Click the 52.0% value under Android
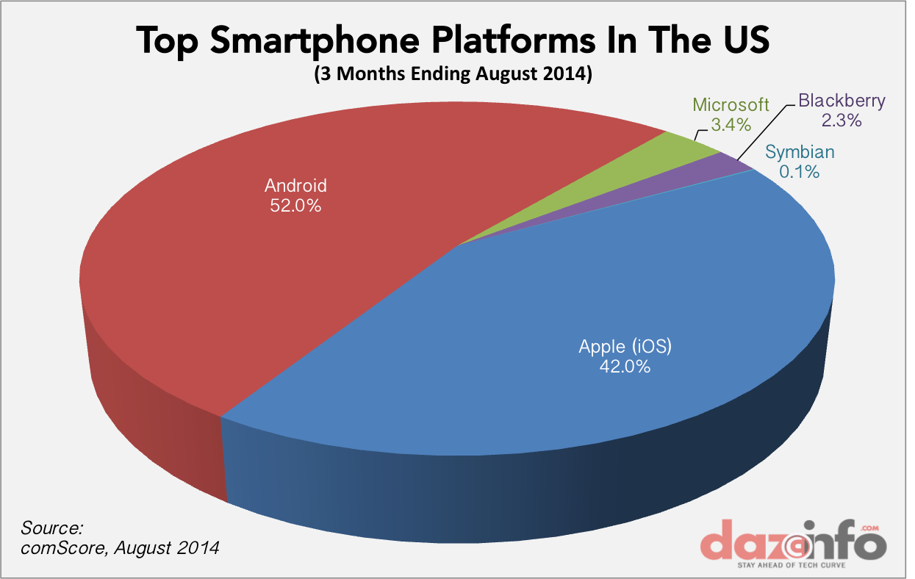click(x=295, y=206)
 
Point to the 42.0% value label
click(x=625, y=367)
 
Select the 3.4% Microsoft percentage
click(x=731, y=125)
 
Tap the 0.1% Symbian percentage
click(x=800, y=173)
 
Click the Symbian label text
click(x=800, y=153)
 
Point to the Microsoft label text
click(x=731, y=104)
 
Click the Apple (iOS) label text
click(x=625, y=345)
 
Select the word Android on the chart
click(x=295, y=186)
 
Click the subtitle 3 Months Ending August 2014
click(x=453, y=75)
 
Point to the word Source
click(x=52, y=528)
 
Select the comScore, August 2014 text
click(x=120, y=548)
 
